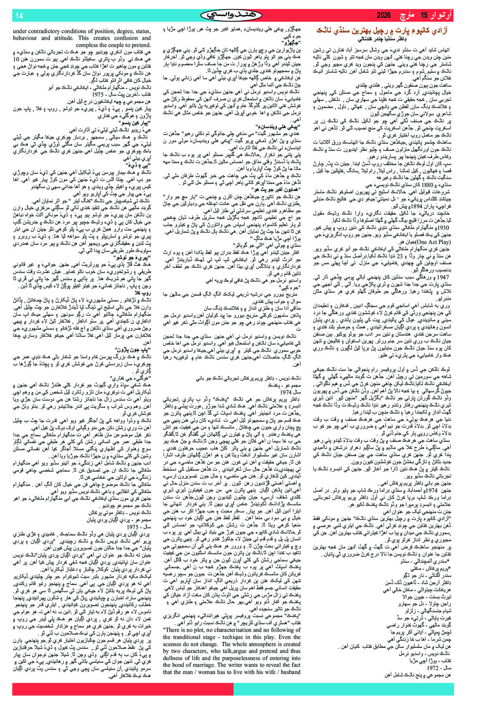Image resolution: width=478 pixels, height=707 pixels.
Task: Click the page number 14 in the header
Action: [19, 16]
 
